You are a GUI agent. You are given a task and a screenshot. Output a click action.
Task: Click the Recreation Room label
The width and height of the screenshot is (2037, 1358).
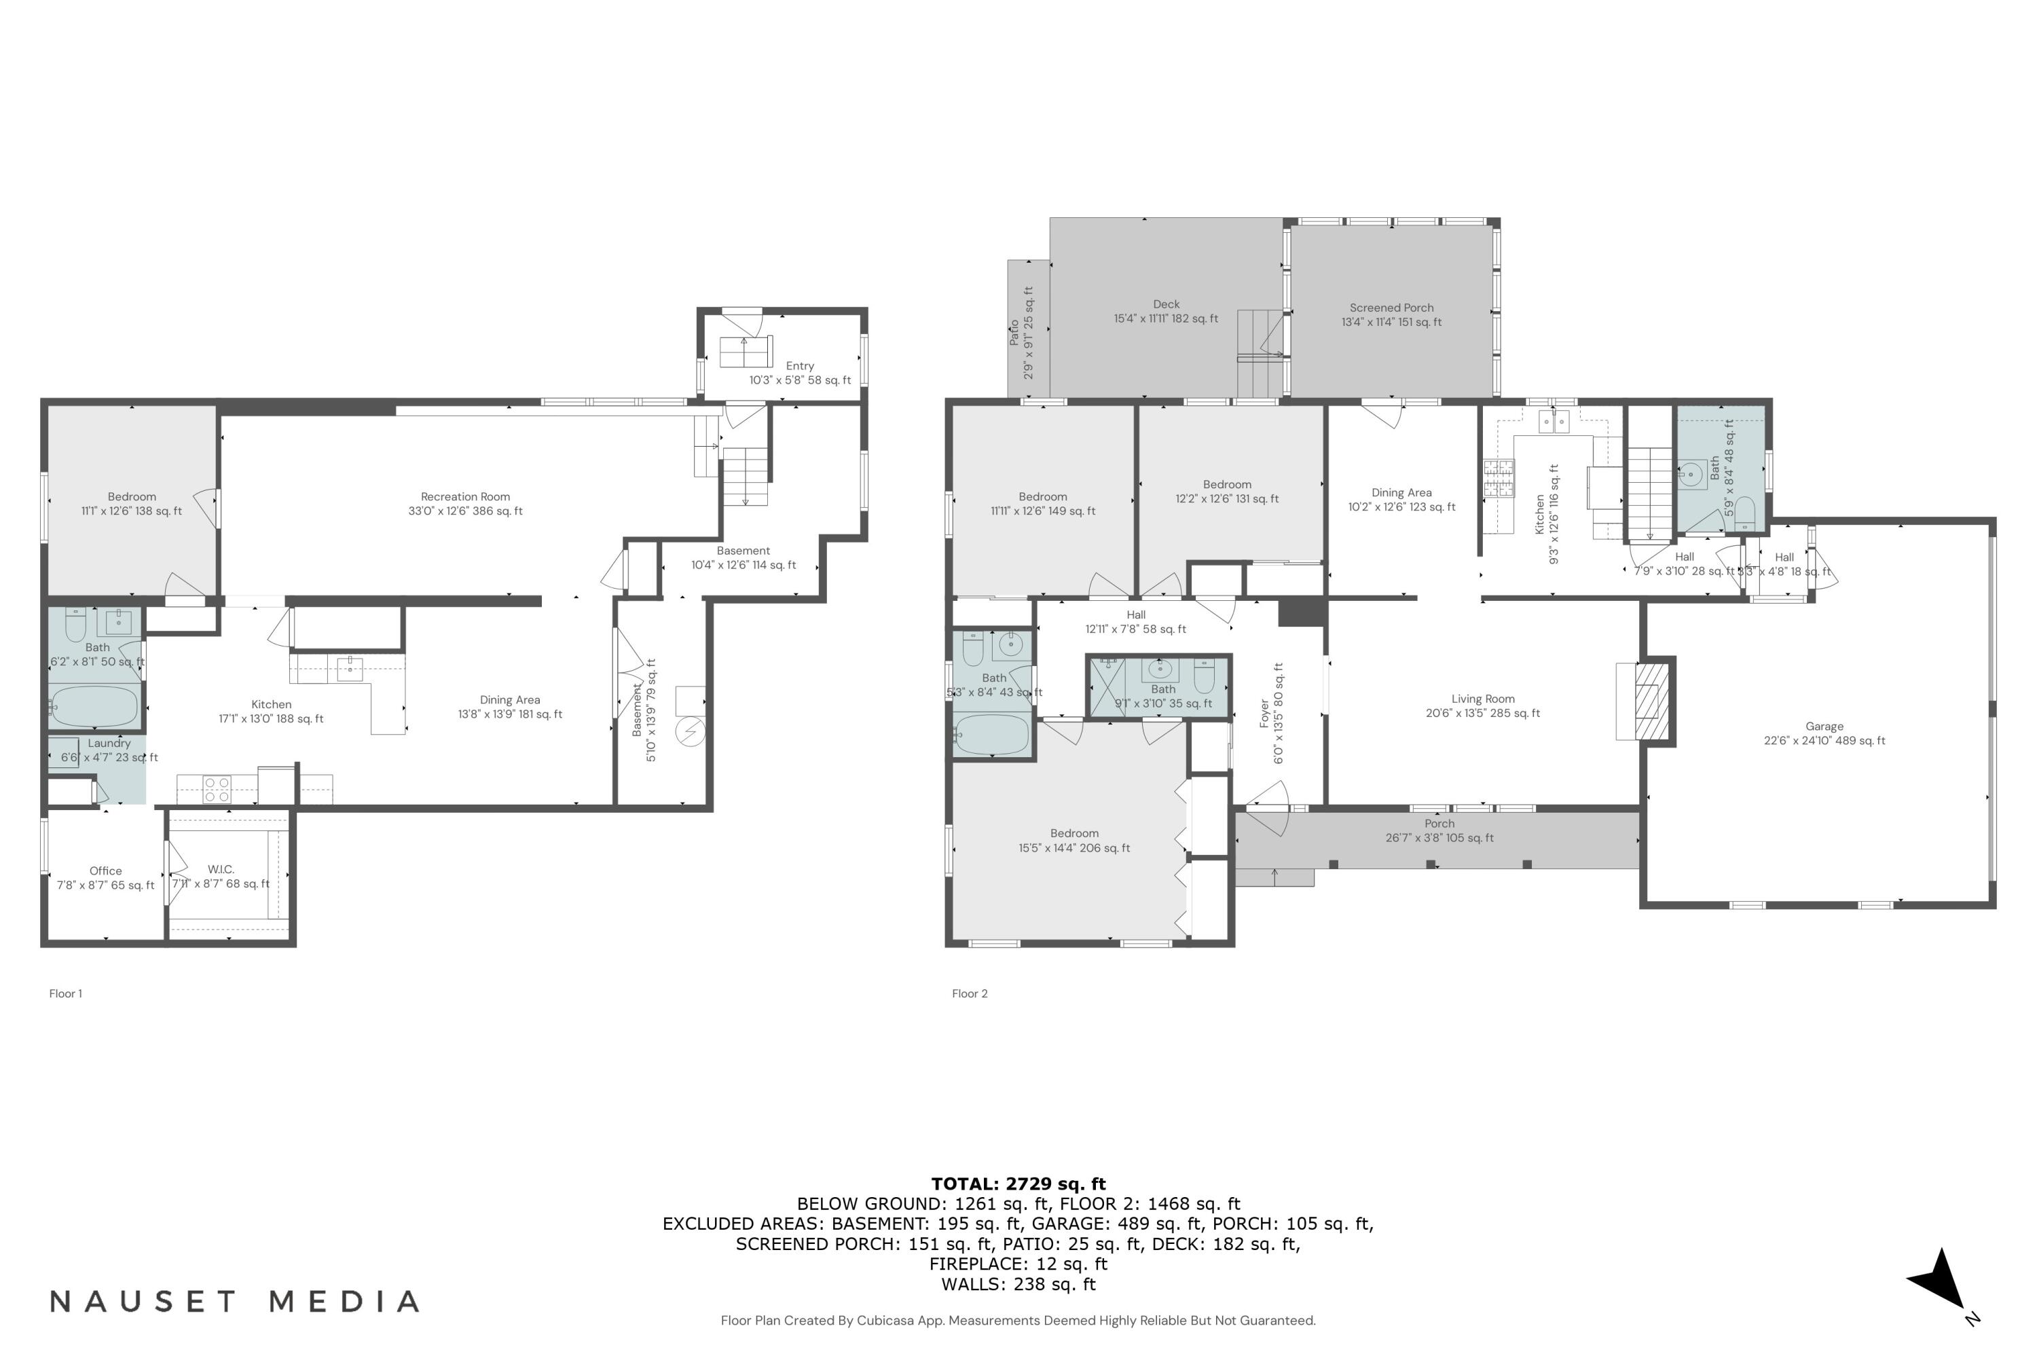click(x=465, y=503)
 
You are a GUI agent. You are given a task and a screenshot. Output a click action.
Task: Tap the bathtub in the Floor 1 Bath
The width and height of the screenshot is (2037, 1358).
click(x=94, y=706)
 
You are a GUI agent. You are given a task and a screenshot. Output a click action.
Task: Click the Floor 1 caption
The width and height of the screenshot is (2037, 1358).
click(x=66, y=993)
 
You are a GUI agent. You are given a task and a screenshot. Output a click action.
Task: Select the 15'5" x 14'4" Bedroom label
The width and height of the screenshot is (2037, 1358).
click(x=1074, y=840)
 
